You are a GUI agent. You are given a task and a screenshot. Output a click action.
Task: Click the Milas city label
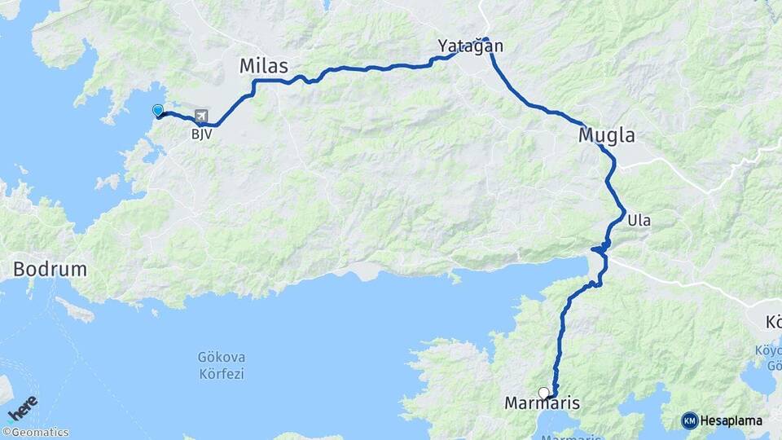point(264,67)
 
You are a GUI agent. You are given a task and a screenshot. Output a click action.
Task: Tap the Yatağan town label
point(470,46)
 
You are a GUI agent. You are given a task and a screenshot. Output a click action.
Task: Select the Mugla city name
point(606,135)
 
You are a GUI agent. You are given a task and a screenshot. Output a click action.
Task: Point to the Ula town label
point(639,219)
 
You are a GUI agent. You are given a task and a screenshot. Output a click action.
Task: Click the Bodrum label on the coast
point(50,269)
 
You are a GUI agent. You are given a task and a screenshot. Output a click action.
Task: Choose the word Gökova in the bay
point(221,358)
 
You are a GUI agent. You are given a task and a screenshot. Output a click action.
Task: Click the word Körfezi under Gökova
point(221,374)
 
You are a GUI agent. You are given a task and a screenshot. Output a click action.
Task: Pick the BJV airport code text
point(201,134)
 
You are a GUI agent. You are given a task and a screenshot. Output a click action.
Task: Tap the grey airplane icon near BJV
point(201,117)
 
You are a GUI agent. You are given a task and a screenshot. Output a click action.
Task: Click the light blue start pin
point(158,110)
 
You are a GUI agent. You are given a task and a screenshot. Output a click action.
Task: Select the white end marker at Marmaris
point(544,393)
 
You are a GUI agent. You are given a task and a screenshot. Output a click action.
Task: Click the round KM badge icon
point(690,420)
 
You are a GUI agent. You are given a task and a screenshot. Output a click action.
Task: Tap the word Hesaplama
point(731,420)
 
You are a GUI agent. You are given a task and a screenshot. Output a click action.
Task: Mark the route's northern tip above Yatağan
point(485,38)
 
